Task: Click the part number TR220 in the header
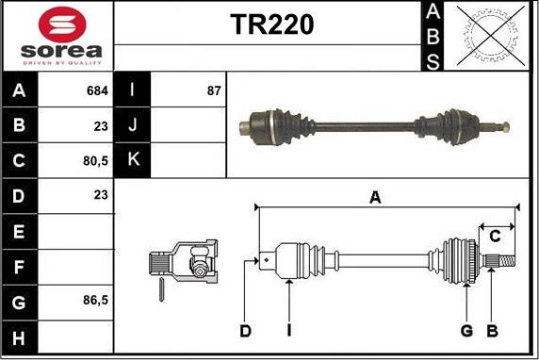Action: tap(272, 26)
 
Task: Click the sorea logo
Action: tap(57, 37)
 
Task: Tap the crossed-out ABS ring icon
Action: tap(488, 36)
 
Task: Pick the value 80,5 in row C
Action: tap(95, 160)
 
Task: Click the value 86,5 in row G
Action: tap(95, 300)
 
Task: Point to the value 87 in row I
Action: tap(213, 91)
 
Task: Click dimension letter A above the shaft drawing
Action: tap(375, 197)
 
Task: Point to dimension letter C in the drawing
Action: tap(494, 237)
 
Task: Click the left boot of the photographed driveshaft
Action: tap(275, 125)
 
